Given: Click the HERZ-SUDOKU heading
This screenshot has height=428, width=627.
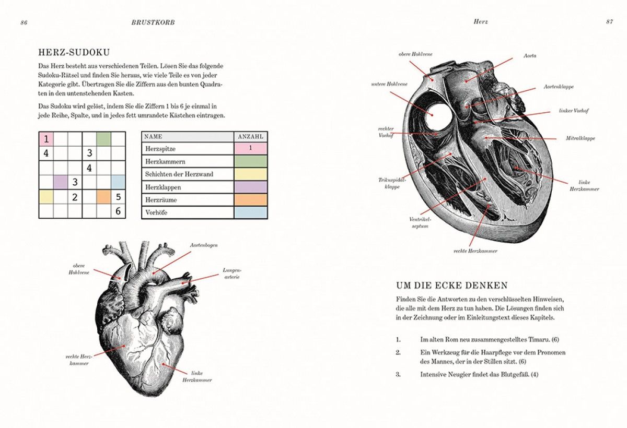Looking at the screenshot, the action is (74, 53).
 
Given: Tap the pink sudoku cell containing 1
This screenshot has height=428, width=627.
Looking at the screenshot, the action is (46, 139).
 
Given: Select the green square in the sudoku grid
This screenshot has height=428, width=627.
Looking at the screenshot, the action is (104, 139).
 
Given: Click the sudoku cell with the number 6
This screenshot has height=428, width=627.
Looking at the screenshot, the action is (118, 211).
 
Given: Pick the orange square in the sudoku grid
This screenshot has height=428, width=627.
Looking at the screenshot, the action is (104, 197).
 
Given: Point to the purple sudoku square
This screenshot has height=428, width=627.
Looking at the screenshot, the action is (61, 182).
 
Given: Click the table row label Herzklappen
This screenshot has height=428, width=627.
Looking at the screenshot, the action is (163, 187).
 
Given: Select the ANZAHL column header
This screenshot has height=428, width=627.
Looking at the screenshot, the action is (250, 137).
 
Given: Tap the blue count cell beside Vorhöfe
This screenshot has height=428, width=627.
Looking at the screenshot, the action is (250, 212).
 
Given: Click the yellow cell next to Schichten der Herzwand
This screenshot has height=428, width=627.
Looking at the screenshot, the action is (250, 174).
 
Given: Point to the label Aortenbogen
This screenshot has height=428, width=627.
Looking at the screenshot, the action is (204, 245).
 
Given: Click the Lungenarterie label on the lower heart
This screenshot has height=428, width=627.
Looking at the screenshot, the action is (232, 274).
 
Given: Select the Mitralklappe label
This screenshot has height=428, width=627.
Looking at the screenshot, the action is (580, 138).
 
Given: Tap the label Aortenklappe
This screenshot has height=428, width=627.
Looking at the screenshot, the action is (559, 87).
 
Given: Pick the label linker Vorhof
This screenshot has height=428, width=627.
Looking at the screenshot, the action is (574, 111).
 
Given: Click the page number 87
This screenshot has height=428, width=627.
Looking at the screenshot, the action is (609, 22).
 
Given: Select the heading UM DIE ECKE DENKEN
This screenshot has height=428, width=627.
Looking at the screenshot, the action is (452, 286).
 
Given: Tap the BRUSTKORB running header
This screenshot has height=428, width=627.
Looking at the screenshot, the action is (153, 22).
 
